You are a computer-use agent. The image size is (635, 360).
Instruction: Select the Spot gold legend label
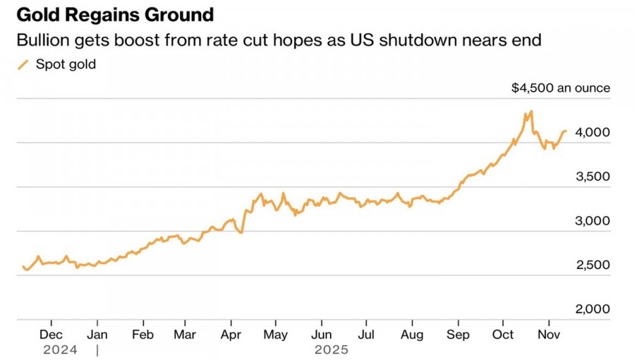tap(66, 65)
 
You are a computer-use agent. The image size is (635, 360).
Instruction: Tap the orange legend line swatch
tap(23, 65)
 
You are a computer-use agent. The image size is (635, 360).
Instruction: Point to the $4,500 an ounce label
tap(561, 88)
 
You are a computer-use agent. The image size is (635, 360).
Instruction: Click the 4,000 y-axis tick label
tap(593, 132)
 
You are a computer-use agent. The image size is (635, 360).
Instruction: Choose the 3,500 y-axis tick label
tap(593, 176)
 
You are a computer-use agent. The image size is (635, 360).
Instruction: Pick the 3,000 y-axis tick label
tap(593, 221)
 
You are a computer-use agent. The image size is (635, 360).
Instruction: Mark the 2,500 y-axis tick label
tap(593, 265)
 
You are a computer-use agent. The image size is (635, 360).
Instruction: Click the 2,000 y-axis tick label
tap(593, 309)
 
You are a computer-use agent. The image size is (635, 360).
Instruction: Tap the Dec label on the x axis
tap(52, 334)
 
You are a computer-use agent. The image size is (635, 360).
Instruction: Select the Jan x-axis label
tap(97, 334)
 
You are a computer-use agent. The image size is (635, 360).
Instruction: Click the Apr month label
tap(231, 334)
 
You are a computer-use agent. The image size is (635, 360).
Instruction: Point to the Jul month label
tap(366, 334)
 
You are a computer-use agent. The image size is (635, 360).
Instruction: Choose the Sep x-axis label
tap(458, 334)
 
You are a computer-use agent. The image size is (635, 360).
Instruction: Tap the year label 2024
tap(59, 349)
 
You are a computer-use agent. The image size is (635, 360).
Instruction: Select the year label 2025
tap(332, 349)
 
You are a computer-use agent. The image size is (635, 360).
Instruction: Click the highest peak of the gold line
tap(531, 111)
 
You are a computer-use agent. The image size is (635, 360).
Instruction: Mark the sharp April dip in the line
tap(242, 232)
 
